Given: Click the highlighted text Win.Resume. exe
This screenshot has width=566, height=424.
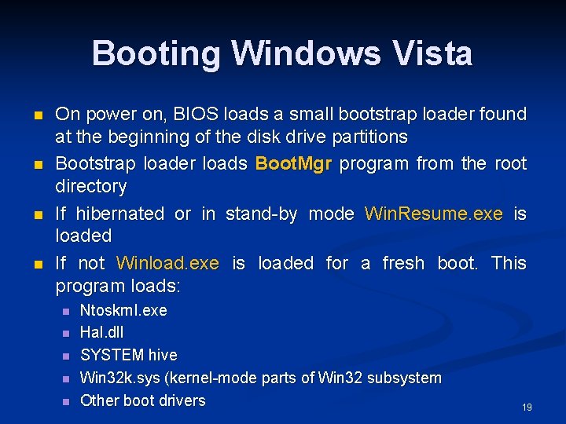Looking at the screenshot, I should (x=434, y=214).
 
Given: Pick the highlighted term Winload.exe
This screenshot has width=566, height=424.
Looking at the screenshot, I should (x=167, y=263).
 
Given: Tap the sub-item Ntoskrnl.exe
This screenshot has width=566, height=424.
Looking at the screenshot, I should (x=123, y=310).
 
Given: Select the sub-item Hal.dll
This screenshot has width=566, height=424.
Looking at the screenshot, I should (x=101, y=333).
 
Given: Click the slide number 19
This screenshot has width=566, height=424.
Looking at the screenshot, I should (x=527, y=408).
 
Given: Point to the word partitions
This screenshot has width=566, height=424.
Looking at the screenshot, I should (x=369, y=137).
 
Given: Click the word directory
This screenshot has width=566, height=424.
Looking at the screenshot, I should (x=90, y=187).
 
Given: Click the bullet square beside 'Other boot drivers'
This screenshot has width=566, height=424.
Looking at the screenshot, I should (x=66, y=401).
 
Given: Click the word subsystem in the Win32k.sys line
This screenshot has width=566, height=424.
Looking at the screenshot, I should (x=402, y=378).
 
